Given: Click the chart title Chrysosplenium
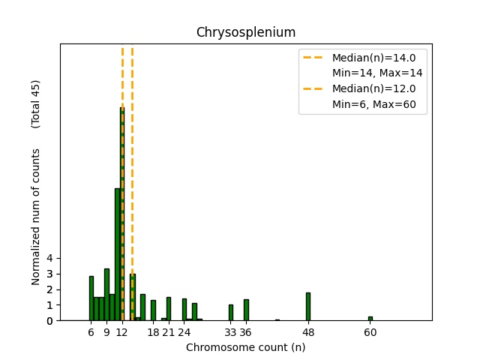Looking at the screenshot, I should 246,32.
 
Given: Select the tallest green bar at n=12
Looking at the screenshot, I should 122,214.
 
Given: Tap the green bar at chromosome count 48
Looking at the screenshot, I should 307,307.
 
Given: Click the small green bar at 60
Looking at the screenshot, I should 370,319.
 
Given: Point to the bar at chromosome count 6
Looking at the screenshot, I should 91,298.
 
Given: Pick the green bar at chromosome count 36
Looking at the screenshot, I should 246,310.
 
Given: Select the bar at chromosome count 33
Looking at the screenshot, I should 230,313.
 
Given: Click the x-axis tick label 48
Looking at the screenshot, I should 307,332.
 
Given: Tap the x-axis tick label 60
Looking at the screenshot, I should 370,332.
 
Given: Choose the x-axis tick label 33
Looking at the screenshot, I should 230,332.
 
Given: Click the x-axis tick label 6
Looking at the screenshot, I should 91,332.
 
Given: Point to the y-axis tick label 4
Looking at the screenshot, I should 49,258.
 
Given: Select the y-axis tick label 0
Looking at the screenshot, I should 49,321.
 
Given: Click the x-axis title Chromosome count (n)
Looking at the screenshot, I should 246,347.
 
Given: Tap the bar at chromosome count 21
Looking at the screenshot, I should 169,309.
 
